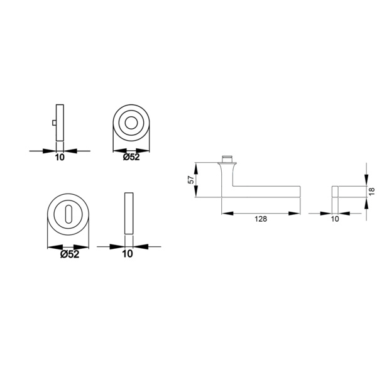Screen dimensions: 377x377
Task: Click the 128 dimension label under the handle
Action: click(x=261, y=219)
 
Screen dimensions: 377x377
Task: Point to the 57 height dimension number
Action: click(x=190, y=180)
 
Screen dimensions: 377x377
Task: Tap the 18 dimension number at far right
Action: click(x=372, y=192)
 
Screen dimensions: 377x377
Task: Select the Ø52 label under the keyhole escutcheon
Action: click(x=70, y=254)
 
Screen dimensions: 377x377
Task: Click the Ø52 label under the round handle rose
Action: click(x=131, y=157)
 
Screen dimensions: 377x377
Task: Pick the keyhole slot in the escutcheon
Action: click(x=68, y=214)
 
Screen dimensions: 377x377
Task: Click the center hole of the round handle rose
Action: click(x=131, y=123)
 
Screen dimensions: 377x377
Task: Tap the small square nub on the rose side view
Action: click(x=54, y=123)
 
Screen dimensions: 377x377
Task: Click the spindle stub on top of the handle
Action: click(x=227, y=159)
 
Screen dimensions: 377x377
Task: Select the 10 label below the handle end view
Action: click(x=335, y=219)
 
